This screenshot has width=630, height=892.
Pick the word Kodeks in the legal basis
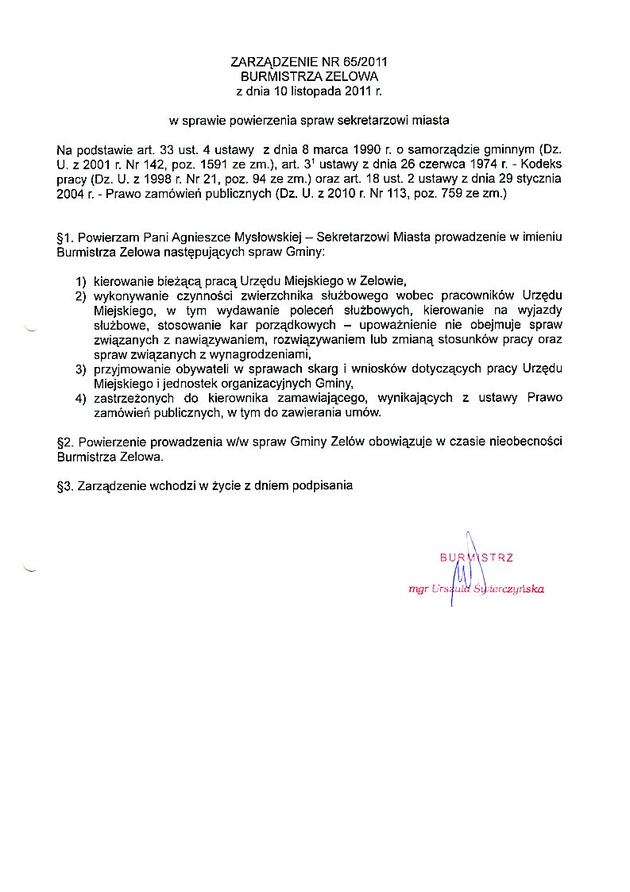click(x=542, y=164)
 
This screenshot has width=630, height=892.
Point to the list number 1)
click(x=80, y=281)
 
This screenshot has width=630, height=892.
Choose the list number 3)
click(x=80, y=369)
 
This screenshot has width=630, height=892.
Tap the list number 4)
click(x=80, y=399)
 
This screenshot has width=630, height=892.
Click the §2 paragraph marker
click(x=64, y=442)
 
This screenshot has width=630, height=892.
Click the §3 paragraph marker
click(x=64, y=485)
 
